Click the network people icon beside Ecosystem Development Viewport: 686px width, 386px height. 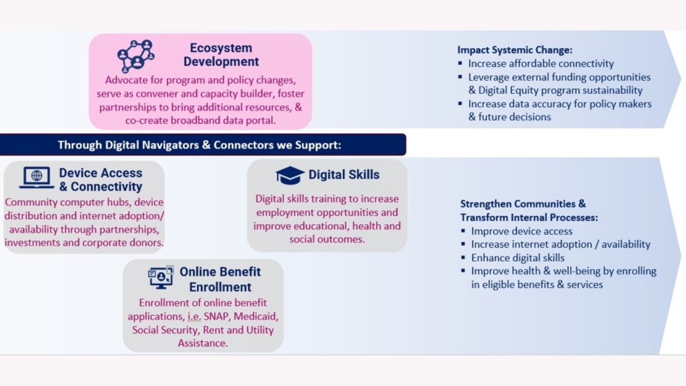[136, 56]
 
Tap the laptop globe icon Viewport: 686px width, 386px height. [37, 177]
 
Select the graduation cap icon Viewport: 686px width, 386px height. [290, 175]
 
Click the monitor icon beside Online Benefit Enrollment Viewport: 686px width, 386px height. [161, 277]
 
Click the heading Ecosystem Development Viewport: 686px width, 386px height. [221, 55]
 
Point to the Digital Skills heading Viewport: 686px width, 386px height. [344, 175]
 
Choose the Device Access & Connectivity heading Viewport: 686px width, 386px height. [100, 179]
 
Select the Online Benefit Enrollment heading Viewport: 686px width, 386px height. [220, 279]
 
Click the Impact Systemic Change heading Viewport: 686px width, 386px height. [515, 50]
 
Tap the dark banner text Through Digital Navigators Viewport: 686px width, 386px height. [199, 145]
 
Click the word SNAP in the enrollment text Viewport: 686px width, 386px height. [216, 316]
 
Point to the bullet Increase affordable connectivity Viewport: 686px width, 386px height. [541, 63]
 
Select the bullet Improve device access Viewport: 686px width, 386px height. [522, 231]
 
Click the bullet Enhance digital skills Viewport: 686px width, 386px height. [518, 258]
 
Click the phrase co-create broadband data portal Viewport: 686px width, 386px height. [200, 121]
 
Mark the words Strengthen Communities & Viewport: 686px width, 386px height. [523, 204]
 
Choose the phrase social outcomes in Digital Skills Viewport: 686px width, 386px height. [327, 239]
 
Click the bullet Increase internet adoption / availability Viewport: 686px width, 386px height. [560, 244]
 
